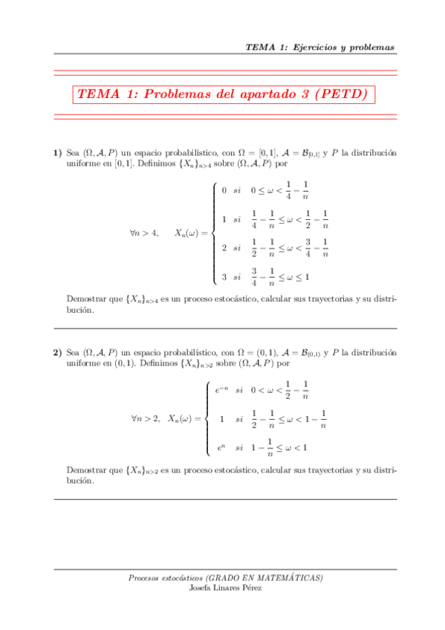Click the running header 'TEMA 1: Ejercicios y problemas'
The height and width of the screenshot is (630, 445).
320,48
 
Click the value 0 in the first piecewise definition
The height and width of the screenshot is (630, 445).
224,190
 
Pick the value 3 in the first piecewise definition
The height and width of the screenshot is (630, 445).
224,278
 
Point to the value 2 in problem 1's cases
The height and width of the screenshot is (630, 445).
224,248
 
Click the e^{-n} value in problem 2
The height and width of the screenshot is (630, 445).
221,389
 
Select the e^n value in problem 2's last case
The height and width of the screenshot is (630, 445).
221,447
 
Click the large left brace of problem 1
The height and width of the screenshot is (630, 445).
214,233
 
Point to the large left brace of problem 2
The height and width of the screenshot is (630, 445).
207,418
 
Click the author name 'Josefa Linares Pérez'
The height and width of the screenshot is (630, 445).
226,587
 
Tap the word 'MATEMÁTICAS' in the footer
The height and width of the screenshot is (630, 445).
290,577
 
